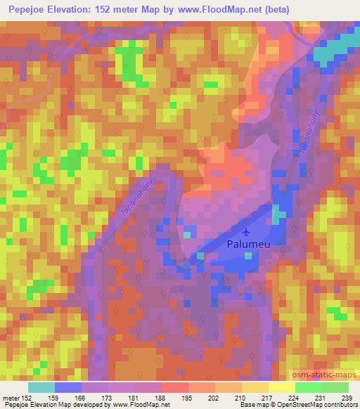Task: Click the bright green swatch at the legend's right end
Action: pos(335,387)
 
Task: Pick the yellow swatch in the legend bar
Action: pos(281,387)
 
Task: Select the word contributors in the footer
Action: pos(338,405)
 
